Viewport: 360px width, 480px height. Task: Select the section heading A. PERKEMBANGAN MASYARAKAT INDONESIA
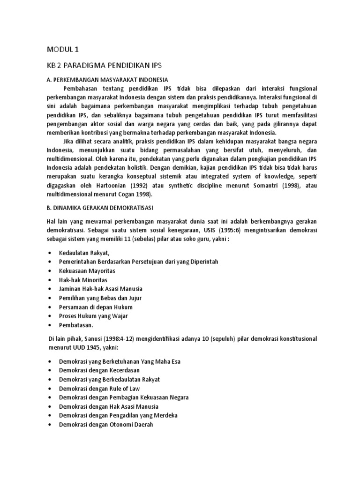[107, 80]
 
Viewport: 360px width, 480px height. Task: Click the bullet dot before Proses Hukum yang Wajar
[50, 316]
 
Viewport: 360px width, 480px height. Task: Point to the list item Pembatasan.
[76, 325]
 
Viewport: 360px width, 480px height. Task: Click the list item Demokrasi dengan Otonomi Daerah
[106, 425]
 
